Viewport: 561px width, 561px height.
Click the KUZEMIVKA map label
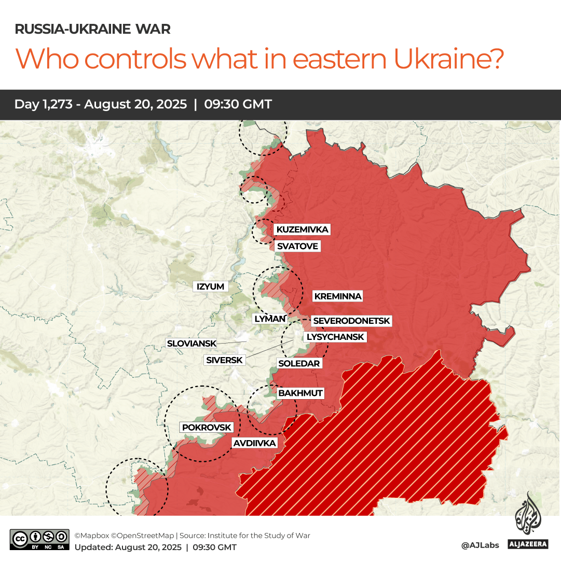pyautogui.click(x=302, y=229)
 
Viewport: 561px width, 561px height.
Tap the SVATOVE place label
pyautogui.click(x=297, y=246)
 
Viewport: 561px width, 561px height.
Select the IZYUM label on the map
pyautogui.click(x=210, y=286)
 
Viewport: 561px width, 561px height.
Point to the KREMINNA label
pyautogui.click(x=337, y=296)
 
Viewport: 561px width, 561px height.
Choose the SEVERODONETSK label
pyautogui.click(x=351, y=321)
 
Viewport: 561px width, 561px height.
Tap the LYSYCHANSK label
pyautogui.click(x=335, y=337)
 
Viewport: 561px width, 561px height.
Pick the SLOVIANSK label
pyautogui.click(x=191, y=343)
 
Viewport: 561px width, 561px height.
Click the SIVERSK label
pyautogui.click(x=224, y=360)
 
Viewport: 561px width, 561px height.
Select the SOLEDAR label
pyautogui.click(x=299, y=363)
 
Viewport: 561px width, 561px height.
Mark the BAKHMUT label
pyautogui.click(x=300, y=393)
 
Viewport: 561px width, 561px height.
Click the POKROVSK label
pyautogui.click(x=206, y=427)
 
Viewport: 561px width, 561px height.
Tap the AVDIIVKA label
pyautogui.click(x=254, y=443)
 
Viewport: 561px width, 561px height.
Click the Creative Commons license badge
pyautogui.click(x=39, y=539)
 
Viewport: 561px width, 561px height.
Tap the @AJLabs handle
pyautogui.click(x=480, y=545)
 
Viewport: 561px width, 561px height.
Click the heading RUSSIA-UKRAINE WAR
pyautogui.click(x=92, y=29)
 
